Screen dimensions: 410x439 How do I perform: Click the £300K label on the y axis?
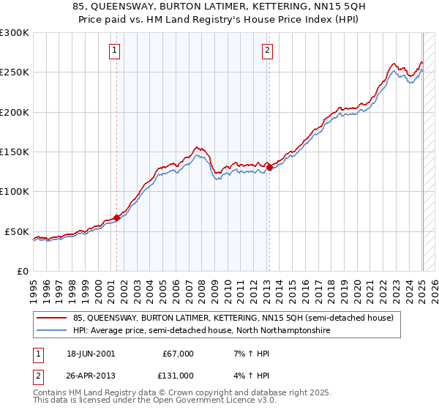(15, 33)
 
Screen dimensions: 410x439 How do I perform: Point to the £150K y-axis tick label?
(15, 152)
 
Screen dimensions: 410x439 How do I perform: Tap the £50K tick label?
(17, 231)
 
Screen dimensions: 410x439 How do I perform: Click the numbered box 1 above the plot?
(116, 51)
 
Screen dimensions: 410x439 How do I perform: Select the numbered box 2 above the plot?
(267, 51)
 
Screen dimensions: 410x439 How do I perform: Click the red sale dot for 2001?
(116, 217)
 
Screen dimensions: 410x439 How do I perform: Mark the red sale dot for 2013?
(269, 167)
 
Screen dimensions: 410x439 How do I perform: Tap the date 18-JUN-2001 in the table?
(90, 354)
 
